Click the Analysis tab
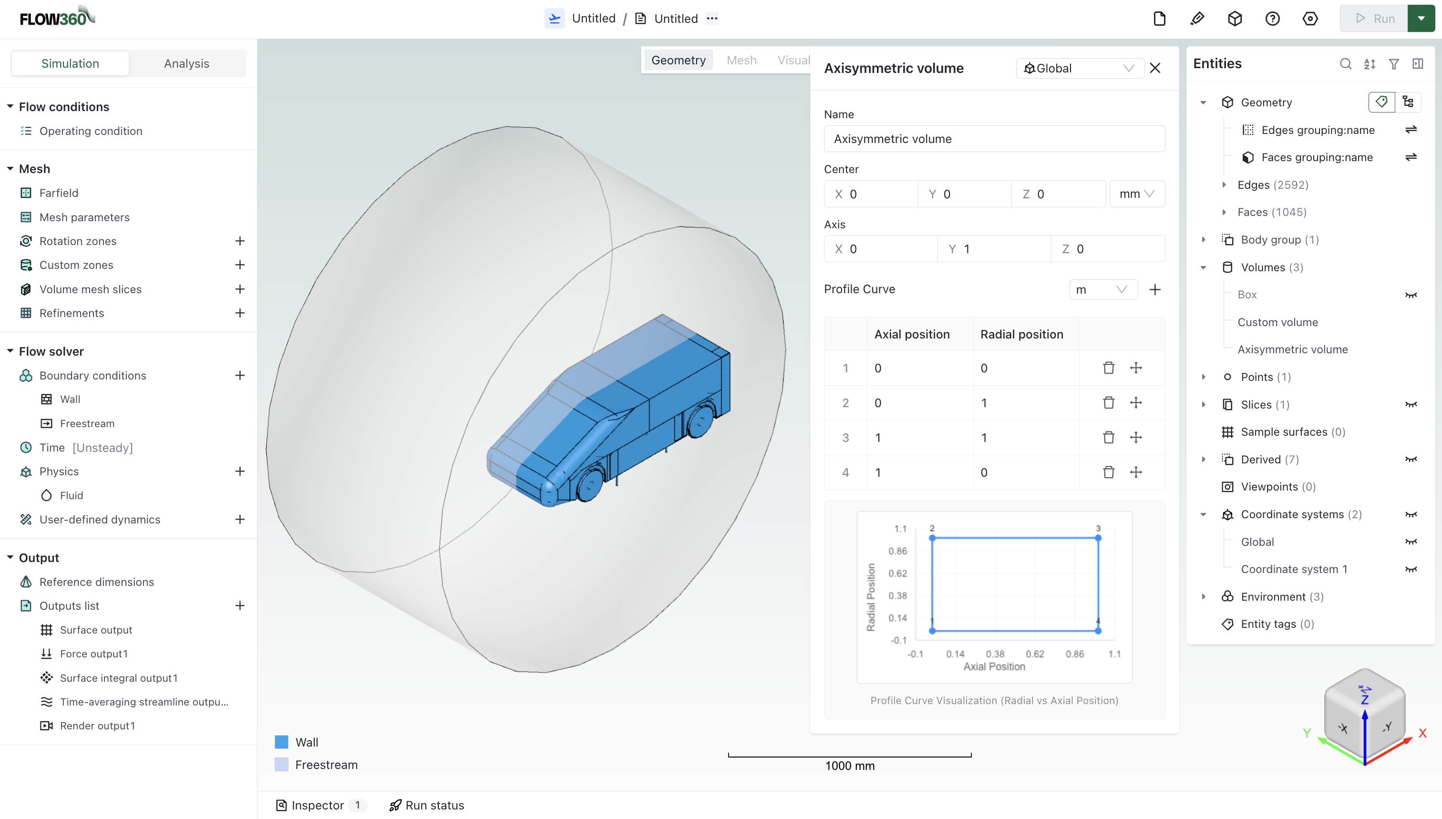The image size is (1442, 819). (186, 63)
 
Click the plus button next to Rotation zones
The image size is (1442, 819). (240, 241)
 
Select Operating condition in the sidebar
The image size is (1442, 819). (91, 131)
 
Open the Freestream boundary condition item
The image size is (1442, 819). (87, 423)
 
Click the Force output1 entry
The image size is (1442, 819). (93, 654)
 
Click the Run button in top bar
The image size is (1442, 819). (1374, 18)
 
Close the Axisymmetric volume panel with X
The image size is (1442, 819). (1155, 68)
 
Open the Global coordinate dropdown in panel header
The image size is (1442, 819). (1079, 68)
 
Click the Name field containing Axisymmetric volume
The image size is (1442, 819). (994, 139)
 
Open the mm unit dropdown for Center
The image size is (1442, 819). (1136, 194)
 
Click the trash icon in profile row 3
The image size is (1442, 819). (1108, 437)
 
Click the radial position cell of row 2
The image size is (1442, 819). (1025, 403)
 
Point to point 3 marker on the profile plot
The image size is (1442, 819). (1098, 538)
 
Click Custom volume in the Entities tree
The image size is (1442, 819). (1277, 322)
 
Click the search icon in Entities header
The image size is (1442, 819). (1345, 63)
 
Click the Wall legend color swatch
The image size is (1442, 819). (281, 742)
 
